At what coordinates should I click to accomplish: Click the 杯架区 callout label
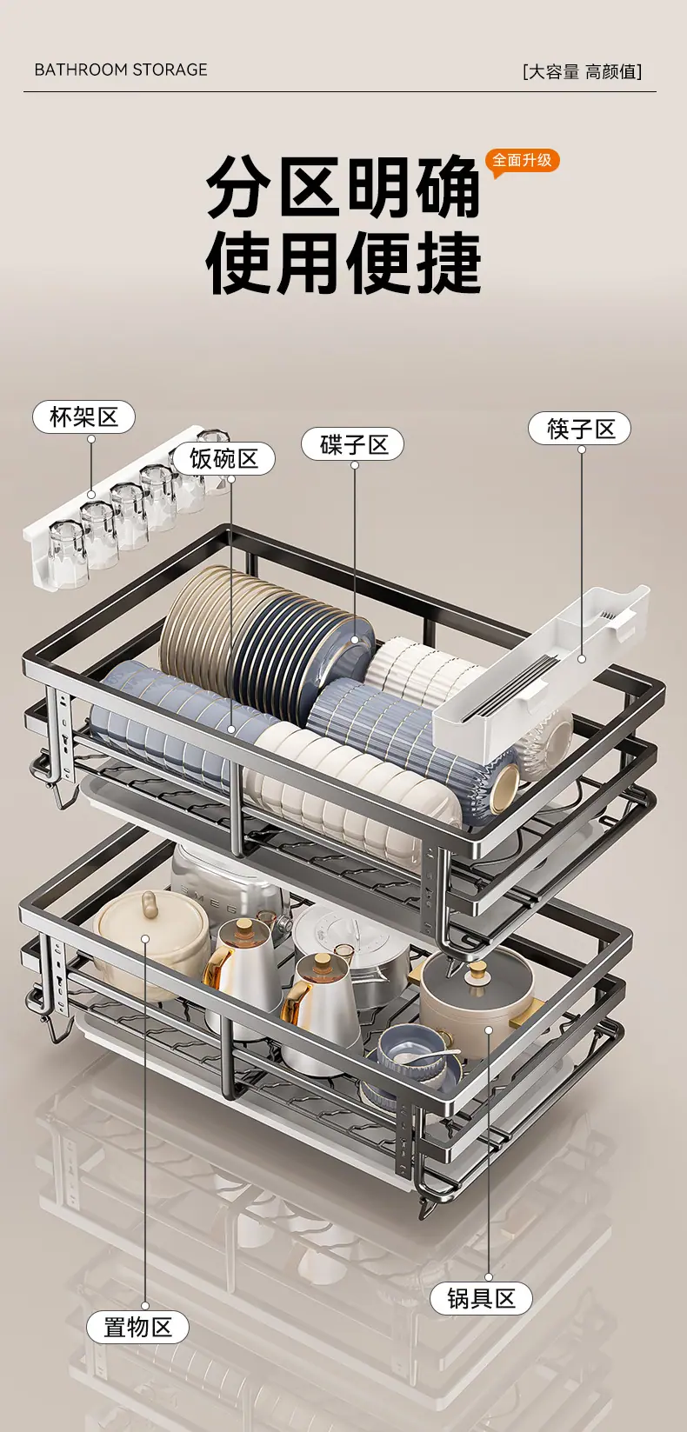(83, 417)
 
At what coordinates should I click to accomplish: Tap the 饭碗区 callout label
(223, 458)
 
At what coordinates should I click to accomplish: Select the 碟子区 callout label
(352, 444)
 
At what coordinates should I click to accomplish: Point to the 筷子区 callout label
(579, 429)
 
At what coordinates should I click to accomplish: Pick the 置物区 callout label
(137, 1328)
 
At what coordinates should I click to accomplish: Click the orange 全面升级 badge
(522, 161)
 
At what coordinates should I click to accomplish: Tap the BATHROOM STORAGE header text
(121, 70)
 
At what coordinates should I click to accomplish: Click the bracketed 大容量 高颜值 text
(582, 71)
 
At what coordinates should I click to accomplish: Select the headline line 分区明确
(343, 187)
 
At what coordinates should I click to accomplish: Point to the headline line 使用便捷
(343, 263)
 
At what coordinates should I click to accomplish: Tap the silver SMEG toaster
(223, 884)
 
